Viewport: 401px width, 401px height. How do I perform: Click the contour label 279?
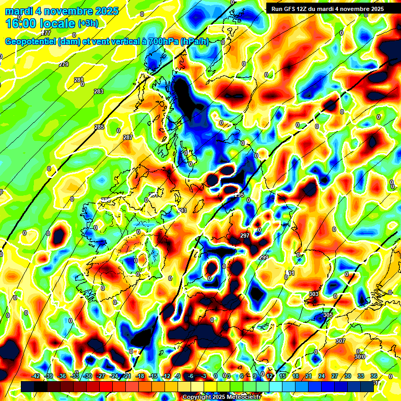point(64,64)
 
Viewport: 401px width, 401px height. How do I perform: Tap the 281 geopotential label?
point(78,80)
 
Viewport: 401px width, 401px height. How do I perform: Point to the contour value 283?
point(98,91)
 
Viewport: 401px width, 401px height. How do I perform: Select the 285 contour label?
point(99,127)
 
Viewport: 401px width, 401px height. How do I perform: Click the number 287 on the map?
point(128,137)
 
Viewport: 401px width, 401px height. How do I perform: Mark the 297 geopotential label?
point(244,235)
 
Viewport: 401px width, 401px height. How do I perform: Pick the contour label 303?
point(313,294)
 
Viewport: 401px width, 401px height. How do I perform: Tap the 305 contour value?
point(328,315)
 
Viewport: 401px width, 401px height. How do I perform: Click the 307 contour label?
point(340,341)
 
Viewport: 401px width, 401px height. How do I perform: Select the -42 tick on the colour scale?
point(36,376)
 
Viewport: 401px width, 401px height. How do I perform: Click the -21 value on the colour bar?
point(127,376)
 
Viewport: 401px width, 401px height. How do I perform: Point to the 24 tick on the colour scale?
point(322,376)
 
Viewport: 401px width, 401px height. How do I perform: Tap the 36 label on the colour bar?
point(374,376)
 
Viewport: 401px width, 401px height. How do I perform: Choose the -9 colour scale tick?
point(178,376)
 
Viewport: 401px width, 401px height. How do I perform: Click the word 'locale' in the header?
point(55,23)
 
